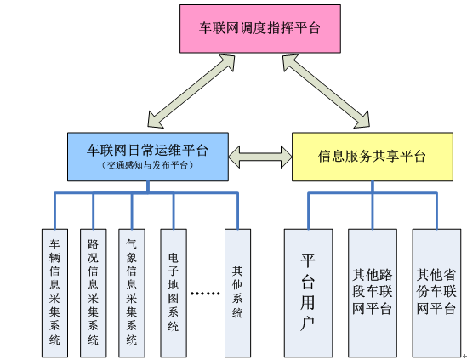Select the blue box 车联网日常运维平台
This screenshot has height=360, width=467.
coord(147,156)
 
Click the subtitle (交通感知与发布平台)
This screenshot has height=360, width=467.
coord(147,165)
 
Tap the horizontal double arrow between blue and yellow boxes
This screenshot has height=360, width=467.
coord(260,156)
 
